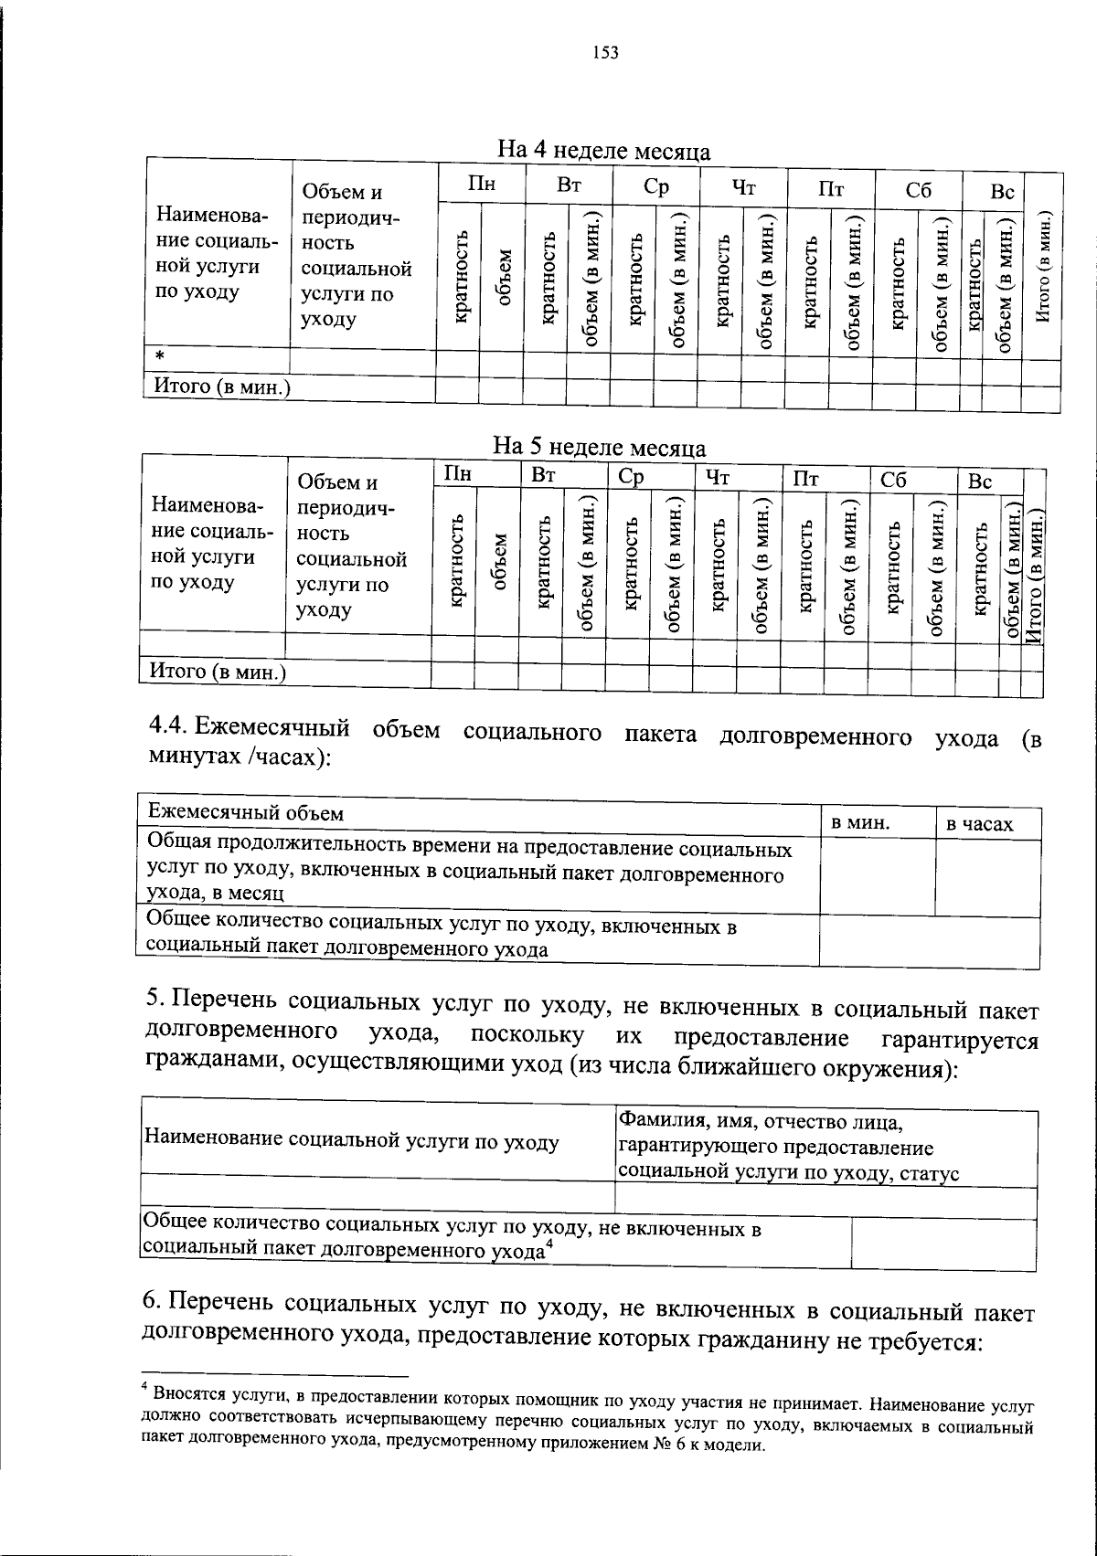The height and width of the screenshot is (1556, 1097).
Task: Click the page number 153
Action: pos(605,53)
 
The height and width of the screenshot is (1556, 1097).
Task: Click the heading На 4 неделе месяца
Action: pos(603,150)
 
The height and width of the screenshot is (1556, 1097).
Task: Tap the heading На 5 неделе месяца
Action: pos(599,447)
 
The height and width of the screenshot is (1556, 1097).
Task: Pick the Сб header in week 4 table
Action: pos(918,190)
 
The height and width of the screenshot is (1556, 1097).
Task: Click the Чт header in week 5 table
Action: pos(717,478)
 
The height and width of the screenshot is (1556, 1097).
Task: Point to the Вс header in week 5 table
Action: pos(980,481)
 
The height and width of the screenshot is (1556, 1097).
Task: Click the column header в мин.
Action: pos(859,822)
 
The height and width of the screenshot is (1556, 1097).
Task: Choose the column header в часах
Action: pos(979,824)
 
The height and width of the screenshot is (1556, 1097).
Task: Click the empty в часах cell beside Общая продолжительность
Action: pos(987,877)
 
